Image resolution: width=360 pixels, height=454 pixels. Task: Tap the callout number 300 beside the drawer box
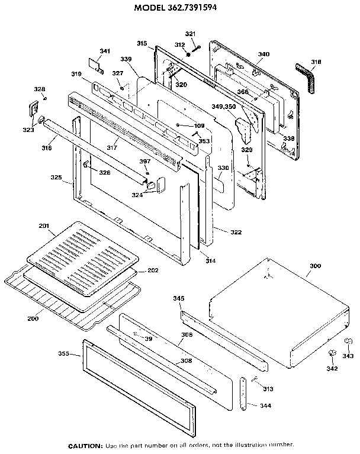pos(316,266)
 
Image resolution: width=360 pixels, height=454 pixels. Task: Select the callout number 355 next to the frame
pos(64,353)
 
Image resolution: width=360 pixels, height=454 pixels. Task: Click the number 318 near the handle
pos(316,62)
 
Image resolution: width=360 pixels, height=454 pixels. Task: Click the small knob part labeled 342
pos(331,354)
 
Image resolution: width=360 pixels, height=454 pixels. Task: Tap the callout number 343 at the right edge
pos(348,356)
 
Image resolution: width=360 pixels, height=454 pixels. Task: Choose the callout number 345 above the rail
pos(179,299)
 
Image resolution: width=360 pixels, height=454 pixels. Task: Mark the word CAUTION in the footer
pos(85,445)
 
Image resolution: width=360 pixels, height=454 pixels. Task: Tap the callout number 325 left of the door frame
pos(56,177)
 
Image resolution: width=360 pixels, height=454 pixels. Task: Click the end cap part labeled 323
pos(33,110)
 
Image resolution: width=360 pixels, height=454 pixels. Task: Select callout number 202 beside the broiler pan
pos(153,271)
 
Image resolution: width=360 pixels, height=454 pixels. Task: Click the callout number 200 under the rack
pos(33,319)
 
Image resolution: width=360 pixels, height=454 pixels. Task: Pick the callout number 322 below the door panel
pos(236,231)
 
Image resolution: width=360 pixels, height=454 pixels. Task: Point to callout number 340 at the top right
pos(263,54)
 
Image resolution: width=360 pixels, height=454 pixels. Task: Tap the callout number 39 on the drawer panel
pos(148,339)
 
